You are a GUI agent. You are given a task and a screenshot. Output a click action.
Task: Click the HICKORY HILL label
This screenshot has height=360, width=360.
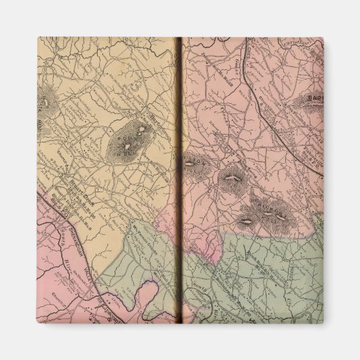tap(262, 213)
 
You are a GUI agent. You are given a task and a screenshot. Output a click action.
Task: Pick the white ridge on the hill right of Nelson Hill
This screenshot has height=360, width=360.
tap(233, 179)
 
